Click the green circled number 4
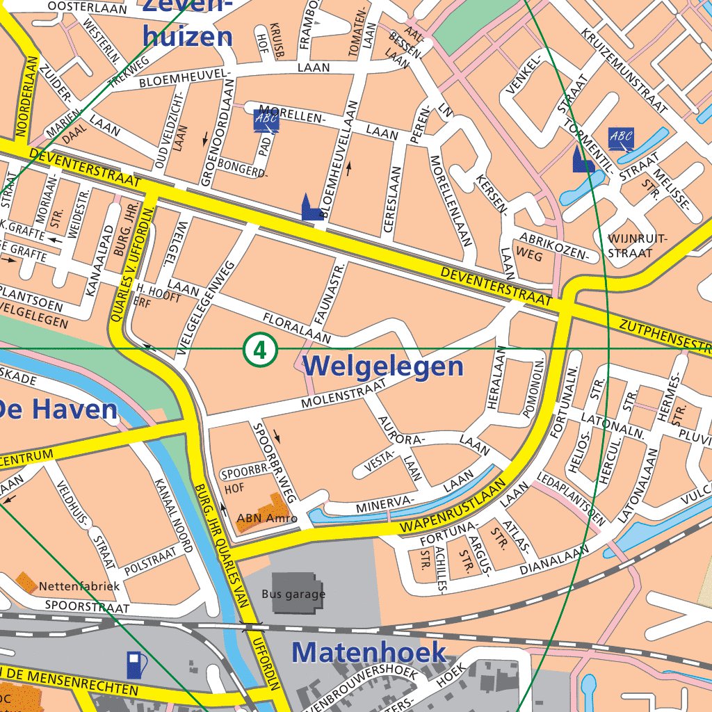(x=260, y=350)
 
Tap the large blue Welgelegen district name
(x=383, y=366)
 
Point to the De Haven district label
(x=58, y=410)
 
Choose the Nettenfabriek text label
(x=79, y=586)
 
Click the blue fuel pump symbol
(x=137, y=665)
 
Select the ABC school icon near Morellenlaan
(x=266, y=121)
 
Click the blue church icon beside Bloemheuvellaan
(x=311, y=208)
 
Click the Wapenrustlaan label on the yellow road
(x=452, y=508)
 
